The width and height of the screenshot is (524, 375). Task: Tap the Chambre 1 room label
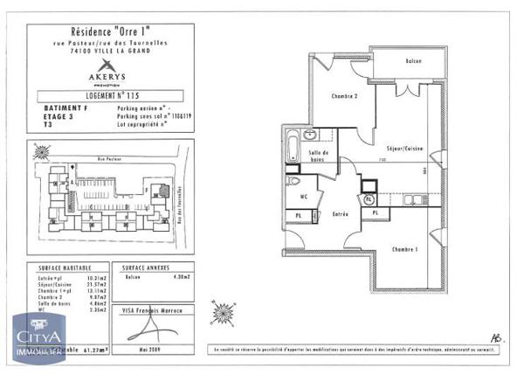pos(405,248)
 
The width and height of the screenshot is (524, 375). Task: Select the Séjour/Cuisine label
pos(399,150)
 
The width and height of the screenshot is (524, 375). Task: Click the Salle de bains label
pos(317,157)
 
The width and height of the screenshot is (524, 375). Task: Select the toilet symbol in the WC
pos(294,182)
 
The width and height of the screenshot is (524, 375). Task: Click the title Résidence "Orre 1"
pos(105,32)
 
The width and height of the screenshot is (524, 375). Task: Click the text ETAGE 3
pos(57,118)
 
